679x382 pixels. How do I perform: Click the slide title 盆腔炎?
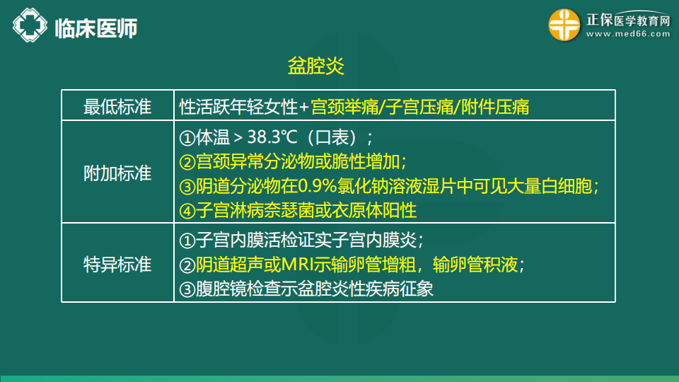pos(316,66)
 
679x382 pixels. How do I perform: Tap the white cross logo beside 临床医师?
pos(30,25)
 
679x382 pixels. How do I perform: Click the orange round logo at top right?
pos(564,25)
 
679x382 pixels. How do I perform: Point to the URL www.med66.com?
pos(628,34)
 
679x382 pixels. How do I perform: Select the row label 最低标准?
pos(117,107)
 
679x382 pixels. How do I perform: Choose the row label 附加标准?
pos(117,173)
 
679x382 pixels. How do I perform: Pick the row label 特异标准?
pos(117,264)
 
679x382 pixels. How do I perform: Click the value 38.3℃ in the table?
pos(272,137)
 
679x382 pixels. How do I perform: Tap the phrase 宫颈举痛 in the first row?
pos(344,107)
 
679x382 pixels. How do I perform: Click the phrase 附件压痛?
pos(495,107)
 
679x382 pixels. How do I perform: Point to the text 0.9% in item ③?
pos(318,187)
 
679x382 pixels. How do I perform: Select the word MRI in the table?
pos(297,265)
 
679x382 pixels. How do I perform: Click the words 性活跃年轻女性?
pos(238,107)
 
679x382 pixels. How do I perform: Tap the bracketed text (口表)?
pos(332,138)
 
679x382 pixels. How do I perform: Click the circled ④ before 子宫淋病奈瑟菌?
pos(187,212)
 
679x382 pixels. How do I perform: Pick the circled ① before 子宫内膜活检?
pos(187,241)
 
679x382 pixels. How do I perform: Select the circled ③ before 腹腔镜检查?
pos(187,289)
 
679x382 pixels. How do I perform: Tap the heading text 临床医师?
pos(96,28)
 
